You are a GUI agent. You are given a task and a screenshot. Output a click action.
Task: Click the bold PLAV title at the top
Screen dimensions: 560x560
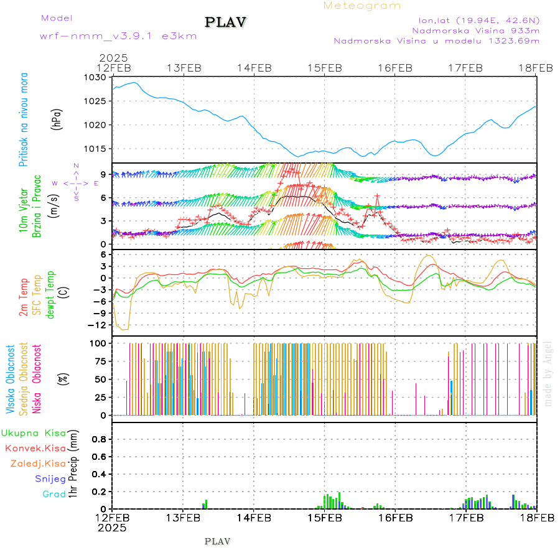coord(226,22)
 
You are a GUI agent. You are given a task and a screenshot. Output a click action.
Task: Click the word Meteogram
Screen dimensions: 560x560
coord(362,6)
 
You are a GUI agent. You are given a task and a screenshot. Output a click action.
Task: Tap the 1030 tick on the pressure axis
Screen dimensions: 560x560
coord(98,78)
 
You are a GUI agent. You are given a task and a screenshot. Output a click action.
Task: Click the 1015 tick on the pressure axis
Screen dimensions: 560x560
coord(98,149)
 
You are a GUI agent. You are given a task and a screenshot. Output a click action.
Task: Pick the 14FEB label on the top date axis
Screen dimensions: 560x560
coord(254,68)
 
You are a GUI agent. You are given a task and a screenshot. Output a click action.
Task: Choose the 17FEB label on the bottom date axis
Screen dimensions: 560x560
coord(465,518)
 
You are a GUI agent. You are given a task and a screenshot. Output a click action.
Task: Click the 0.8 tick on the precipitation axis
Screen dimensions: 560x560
coord(100,439)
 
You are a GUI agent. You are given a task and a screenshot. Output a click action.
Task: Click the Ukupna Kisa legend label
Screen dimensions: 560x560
coord(33,432)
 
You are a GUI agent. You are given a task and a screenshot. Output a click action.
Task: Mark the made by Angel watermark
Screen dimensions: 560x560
coord(548,374)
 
